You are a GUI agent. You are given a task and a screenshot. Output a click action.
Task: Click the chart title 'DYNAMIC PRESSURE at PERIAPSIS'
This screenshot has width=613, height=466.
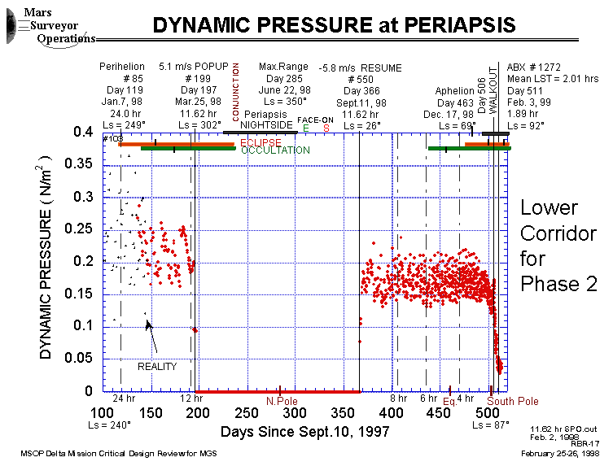coord(334,25)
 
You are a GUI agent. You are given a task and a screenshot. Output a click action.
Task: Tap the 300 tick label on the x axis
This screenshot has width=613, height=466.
coord(296,412)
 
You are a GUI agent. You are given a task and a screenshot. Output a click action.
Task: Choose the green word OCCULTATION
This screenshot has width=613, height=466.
coord(275,150)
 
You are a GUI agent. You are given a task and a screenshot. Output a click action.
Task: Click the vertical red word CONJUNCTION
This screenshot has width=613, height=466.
coord(236,92)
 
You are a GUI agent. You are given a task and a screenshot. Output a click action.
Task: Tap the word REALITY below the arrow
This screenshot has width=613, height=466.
coord(157,367)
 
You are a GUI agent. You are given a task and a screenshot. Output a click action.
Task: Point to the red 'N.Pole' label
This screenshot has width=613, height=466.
coord(281,400)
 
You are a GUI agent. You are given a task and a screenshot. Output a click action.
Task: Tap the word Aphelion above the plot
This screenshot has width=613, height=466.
coord(454,91)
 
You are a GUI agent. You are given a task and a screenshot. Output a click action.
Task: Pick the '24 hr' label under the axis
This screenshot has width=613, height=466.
coord(123,398)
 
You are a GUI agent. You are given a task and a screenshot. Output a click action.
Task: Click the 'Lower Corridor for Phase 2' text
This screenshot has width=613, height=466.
coord(558,246)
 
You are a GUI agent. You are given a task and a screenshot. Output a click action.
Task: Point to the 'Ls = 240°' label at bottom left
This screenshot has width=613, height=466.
coord(109,424)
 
